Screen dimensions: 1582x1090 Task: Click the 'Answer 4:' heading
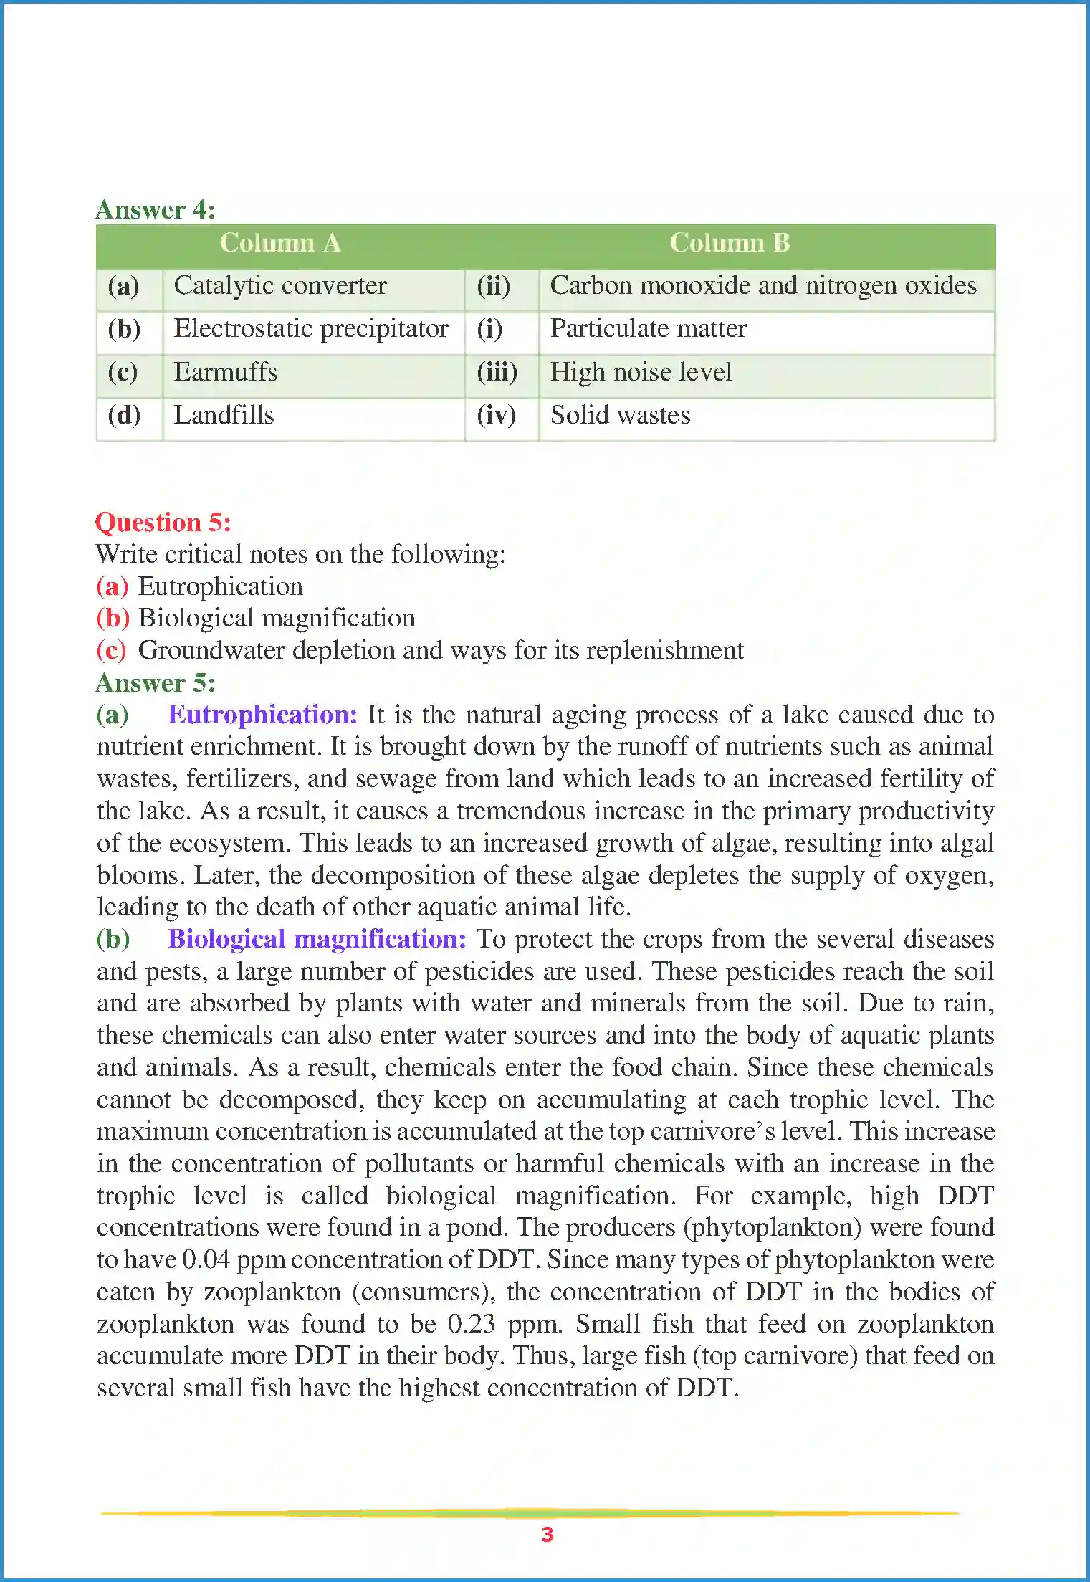[156, 210]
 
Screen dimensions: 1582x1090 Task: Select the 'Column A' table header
[279, 243]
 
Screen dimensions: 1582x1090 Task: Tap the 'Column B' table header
[729, 243]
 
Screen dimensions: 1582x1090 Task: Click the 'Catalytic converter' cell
[280, 286]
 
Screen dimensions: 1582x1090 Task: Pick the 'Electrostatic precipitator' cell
[311, 329]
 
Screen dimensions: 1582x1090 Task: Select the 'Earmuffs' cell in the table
[225, 372]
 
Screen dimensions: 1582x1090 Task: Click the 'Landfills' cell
[224, 415]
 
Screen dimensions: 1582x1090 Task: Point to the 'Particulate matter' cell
[649, 329]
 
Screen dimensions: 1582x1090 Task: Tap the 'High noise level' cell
[641, 372]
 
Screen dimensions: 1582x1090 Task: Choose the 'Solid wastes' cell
[620, 415]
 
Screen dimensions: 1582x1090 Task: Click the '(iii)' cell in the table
[497, 372]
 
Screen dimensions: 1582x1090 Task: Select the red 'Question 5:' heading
[163, 523]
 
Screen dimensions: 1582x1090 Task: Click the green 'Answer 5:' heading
[156, 683]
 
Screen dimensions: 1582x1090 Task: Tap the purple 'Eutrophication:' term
[262, 715]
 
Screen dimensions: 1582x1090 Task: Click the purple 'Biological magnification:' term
[317, 940]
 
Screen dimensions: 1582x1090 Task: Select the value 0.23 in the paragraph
[472, 1324]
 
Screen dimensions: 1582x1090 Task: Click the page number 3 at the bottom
[548, 1535]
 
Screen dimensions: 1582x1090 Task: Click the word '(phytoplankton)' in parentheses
[773, 1228]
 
